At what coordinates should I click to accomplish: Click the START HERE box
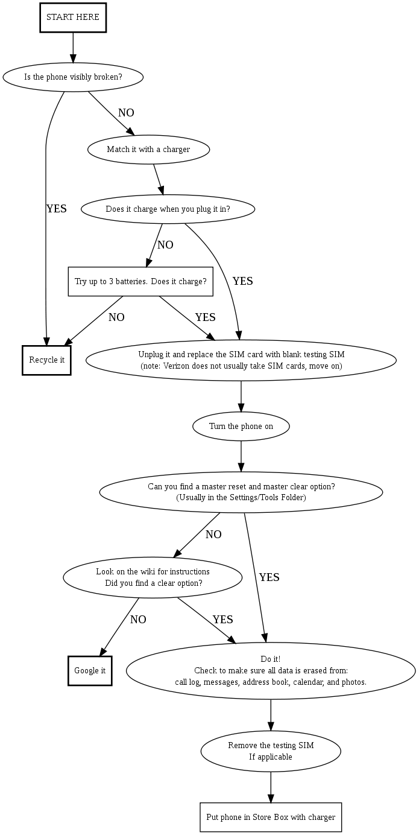[x=73, y=17]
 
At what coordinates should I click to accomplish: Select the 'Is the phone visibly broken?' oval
[x=73, y=77]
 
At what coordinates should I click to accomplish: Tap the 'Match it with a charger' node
[x=148, y=149]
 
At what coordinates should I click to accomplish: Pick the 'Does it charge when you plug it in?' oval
[x=168, y=209]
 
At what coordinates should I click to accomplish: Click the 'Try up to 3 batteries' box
[x=140, y=282]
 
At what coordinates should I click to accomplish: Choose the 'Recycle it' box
[x=46, y=360]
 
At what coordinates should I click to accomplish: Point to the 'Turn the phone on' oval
[x=241, y=427]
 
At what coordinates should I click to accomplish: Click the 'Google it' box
[x=90, y=671]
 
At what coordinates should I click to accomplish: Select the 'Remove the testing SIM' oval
[x=271, y=751]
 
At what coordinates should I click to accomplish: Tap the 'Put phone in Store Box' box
[x=271, y=818]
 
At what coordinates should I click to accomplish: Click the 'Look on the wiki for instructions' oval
[x=153, y=577]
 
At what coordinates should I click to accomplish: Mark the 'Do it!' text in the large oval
[x=271, y=659]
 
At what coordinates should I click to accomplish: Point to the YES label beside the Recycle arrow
[x=57, y=209]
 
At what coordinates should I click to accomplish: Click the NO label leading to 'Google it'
[x=138, y=620]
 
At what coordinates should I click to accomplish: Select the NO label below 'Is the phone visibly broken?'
[x=126, y=113]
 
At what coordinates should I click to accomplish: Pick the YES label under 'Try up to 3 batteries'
[x=205, y=317]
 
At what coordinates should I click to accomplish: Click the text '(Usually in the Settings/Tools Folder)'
[x=241, y=498]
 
